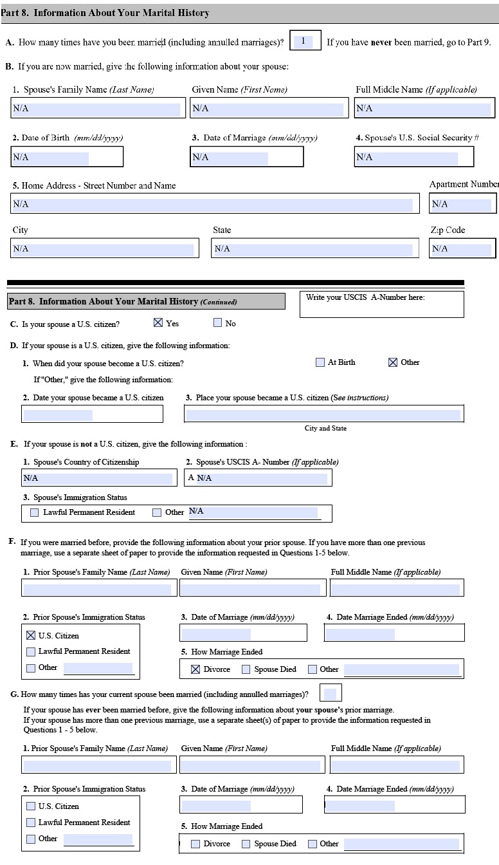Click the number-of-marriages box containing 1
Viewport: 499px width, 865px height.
coord(305,42)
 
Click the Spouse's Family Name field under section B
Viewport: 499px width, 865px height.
coord(96,109)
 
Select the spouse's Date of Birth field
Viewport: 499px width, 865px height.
coord(67,157)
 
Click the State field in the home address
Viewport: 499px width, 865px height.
coord(314,248)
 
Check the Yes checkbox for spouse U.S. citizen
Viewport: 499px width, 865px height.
coord(158,323)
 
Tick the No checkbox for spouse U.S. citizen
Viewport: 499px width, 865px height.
coord(217,323)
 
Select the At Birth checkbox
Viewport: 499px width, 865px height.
coord(320,362)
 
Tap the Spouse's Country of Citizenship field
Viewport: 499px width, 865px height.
coord(99,478)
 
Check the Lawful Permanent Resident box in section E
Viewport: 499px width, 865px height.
coord(35,513)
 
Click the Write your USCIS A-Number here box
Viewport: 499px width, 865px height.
coord(381,305)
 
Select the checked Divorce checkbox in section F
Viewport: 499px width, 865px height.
coord(195,669)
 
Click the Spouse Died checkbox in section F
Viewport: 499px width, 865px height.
coord(246,669)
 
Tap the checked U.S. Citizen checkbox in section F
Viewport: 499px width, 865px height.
coord(31,635)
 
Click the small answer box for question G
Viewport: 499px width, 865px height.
coord(330,694)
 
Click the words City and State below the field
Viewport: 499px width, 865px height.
coord(325,429)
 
